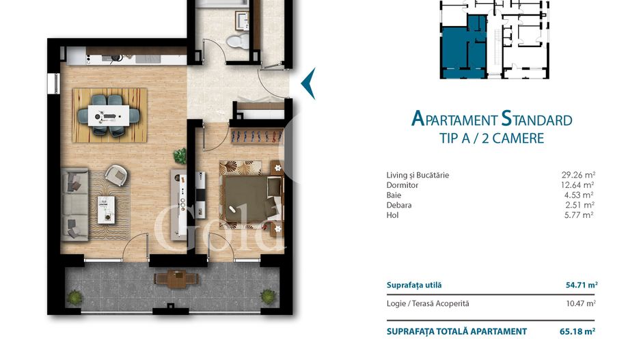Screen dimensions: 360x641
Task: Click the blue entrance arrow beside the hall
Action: point(308,83)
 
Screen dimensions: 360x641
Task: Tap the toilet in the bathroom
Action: point(236,40)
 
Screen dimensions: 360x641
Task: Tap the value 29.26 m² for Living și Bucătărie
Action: point(577,176)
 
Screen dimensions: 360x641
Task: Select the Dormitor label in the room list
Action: point(402,185)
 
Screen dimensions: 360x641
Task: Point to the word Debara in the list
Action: point(399,205)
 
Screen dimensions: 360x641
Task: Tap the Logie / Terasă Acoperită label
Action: point(428,303)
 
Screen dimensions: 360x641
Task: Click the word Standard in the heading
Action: point(536,120)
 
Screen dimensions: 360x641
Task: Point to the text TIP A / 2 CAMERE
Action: point(491,138)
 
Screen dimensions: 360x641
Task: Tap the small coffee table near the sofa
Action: point(106,208)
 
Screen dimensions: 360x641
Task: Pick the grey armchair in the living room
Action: point(116,175)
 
